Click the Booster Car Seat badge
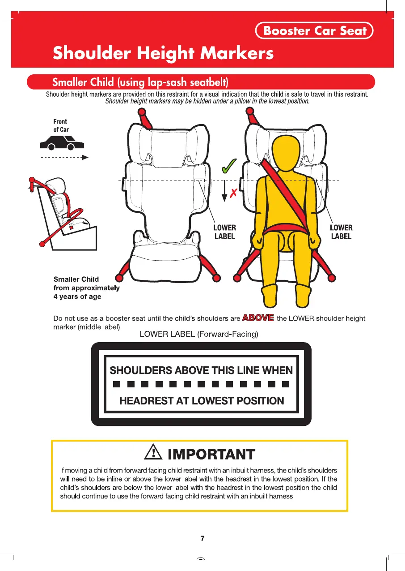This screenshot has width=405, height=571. coord(314,30)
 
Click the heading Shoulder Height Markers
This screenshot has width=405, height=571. coord(163,53)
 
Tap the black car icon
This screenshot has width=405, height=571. coord(62,143)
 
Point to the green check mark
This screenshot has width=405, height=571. coord(229,166)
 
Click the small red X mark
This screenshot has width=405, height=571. coord(233,193)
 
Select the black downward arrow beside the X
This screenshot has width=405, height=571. coord(224,191)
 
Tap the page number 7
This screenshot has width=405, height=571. coord(202,538)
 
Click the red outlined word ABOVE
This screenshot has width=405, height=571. coord(258,318)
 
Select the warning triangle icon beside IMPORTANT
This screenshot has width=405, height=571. coord(153,452)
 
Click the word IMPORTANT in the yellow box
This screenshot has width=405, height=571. coord(211,454)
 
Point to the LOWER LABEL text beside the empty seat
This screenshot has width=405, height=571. coord(225,232)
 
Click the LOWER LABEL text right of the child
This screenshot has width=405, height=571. coord(341,232)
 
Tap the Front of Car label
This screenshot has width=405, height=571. coord(61,125)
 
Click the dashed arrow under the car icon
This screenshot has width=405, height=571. coord(65,157)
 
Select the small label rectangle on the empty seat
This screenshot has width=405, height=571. coord(199,180)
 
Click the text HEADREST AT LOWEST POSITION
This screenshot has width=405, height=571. coord(202,401)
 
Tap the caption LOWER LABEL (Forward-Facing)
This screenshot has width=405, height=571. coord(199,334)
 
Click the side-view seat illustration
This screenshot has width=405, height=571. coord(63,214)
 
